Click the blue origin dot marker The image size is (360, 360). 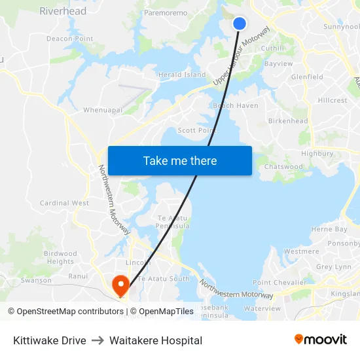click(x=240, y=24)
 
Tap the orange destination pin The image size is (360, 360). click(x=120, y=284)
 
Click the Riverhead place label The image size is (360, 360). click(x=63, y=11)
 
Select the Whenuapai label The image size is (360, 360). click(x=103, y=110)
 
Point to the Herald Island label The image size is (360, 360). click(x=182, y=75)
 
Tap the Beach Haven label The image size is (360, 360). click(x=236, y=105)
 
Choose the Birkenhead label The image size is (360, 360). click(x=288, y=121)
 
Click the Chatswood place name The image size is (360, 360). click(x=283, y=167)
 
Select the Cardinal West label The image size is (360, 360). click(x=64, y=203)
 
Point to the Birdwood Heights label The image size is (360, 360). click(x=60, y=257)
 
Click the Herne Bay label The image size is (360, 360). click(x=329, y=229)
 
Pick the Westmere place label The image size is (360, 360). click(x=302, y=251)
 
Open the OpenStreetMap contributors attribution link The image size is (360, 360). click(x=65, y=312)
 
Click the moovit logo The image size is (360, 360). click(x=320, y=340)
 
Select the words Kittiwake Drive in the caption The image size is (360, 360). click(x=49, y=340)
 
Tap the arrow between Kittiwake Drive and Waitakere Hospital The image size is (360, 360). click(x=98, y=340)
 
